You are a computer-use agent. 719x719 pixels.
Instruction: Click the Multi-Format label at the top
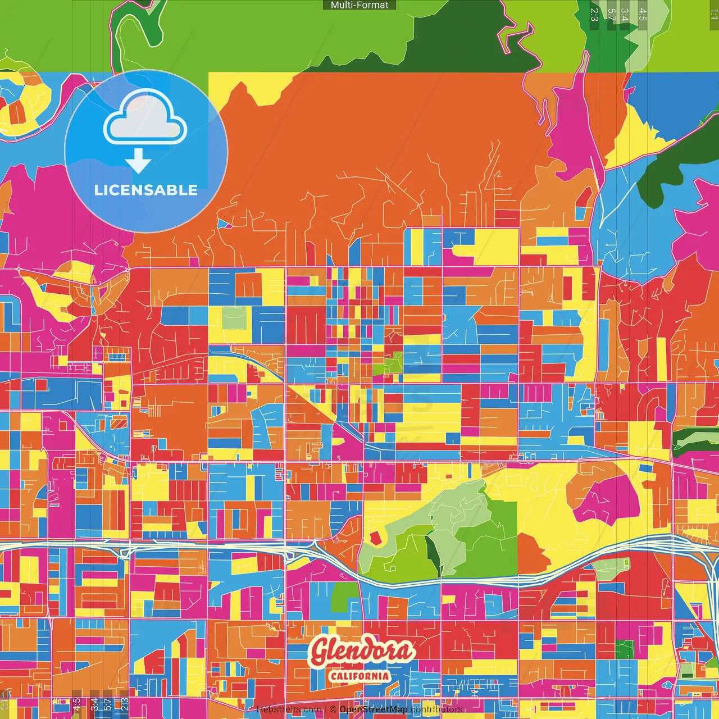coord(359,5)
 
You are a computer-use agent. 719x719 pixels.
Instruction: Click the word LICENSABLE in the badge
coord(146,190)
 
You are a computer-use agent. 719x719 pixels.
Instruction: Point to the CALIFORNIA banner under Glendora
coord(359,675)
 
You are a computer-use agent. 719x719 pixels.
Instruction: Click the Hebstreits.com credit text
coord(289,709)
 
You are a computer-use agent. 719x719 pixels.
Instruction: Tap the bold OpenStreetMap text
coord(374,709)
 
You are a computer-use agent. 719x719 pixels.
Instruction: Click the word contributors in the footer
coord(436,709)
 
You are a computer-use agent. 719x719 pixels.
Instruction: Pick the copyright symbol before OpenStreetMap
coord(333,709)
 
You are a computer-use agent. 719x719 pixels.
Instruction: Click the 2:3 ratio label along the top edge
coord(594,14)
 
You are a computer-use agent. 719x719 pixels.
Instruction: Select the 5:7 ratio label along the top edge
coord(611,14)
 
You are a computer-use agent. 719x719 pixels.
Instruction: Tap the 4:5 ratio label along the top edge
coord(643,14)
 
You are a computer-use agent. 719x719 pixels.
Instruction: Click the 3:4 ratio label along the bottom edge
coord(94,704)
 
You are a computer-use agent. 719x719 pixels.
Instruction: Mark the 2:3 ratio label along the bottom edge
coord(125,704)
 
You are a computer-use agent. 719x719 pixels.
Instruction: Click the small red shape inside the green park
coord(375,538)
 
